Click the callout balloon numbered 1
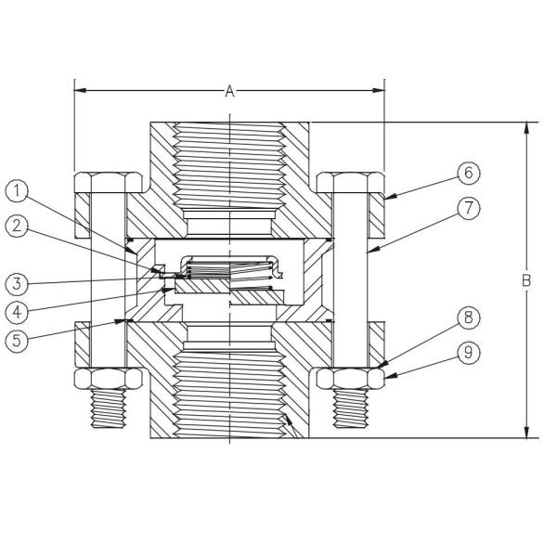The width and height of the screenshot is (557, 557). click(18, 191)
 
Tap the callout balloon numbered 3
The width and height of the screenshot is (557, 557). click(18, 281)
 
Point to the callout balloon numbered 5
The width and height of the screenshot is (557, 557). click(18, 339)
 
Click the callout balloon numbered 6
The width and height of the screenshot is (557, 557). click(470, 173)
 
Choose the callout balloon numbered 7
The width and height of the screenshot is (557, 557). click(470, 209)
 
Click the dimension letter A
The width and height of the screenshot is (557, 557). click(229, 91)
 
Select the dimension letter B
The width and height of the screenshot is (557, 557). click(526, 279)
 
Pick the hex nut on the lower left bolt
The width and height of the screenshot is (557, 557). click(108, 379)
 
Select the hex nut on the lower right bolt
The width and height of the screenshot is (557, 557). click(350, 379)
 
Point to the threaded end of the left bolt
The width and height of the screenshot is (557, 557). click(108, 409)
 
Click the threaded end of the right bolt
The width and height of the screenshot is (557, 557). click(350, 409)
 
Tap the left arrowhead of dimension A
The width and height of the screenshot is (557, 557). click(80, 91)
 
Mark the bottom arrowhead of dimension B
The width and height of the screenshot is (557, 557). click(526, 432)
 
